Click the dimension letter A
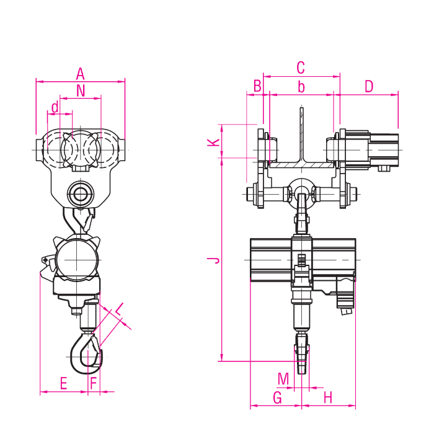point(80,74)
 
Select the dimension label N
point(81,91)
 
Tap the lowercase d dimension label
point(55,107)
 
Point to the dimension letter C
point(301,68)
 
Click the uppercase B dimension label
point(257,86)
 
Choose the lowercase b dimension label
point(301,87)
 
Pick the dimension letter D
point(369,86)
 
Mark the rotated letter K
point(213,142)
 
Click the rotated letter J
point(213,260)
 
